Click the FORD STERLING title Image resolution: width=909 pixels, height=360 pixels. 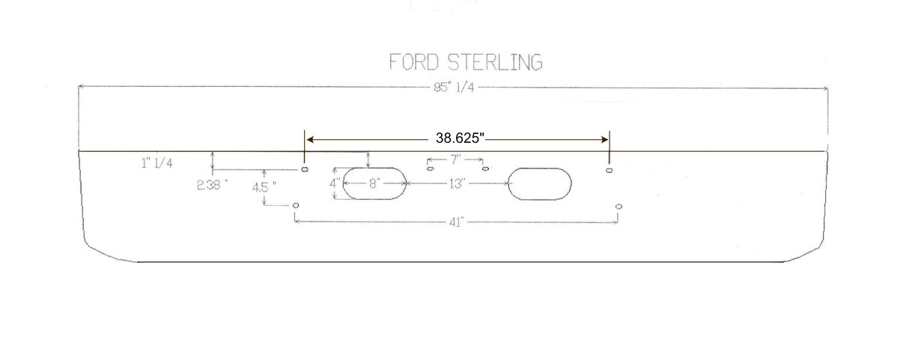[x=466, y=62]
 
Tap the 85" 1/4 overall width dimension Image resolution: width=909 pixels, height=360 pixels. [x=454, y=87]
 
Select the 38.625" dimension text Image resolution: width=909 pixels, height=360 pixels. [x=460, y=138]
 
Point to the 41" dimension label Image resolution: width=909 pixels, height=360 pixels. [x=456, y=222]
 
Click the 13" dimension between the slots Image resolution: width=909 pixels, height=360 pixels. [x=457, y=184]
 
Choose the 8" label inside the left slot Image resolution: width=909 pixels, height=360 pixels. [x=374, y=183]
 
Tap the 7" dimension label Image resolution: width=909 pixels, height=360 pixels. [x=456, y=159]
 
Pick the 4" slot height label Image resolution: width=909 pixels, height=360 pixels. [x=335, y=183]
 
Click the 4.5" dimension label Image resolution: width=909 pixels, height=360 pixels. [x=264, y=187]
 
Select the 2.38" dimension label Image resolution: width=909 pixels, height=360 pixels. [x=212, y=186]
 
